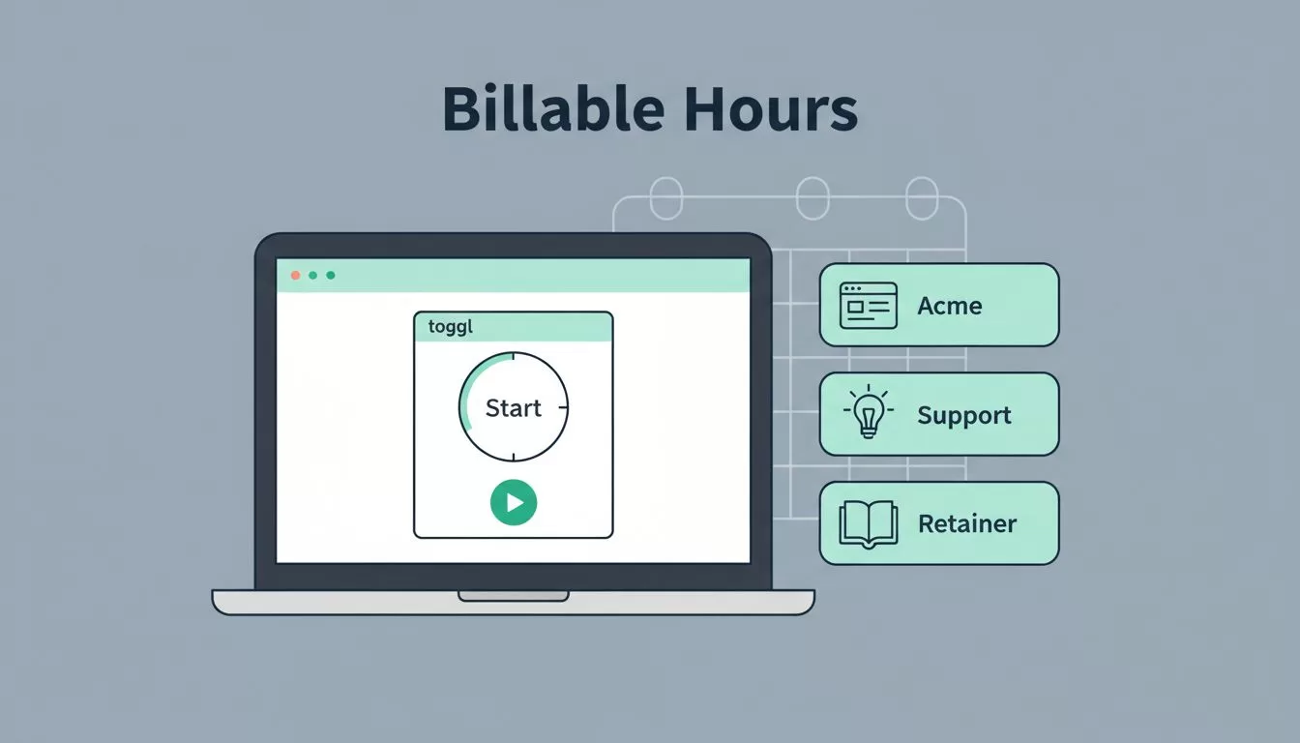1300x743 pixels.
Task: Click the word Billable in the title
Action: coord(553,108)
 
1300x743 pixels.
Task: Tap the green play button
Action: coord(514,502)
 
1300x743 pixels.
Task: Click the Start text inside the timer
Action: coord(513,408)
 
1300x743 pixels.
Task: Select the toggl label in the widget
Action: coord(451,327)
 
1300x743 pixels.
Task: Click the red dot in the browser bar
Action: coord(295,275)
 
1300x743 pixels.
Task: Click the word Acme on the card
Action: coord(950,306)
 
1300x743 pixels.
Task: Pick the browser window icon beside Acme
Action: coord(869,306)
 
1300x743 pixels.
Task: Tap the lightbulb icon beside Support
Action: coord(869,411)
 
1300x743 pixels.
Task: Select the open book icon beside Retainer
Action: coord(869,524)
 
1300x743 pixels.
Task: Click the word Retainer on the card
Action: coord(967,524)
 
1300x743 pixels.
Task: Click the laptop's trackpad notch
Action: coord(513,596)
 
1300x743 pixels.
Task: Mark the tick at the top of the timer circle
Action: coord(513,355)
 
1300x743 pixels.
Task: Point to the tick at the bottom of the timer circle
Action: coord(513,458)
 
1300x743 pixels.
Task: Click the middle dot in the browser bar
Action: coord(312,275)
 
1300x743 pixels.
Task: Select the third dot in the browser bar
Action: coord(330,275)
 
